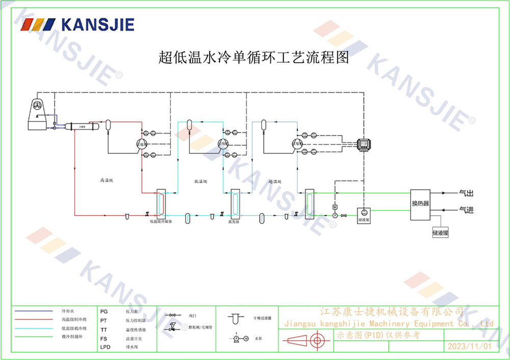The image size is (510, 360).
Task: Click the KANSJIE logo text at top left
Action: [97, 24]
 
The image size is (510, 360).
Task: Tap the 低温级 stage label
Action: [200, 181]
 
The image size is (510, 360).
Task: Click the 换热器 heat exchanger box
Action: [420, 204]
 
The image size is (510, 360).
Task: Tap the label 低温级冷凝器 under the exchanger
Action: [161, 222]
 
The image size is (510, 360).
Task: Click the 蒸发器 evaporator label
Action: [234, 222]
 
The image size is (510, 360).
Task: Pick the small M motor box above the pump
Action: [335, 207]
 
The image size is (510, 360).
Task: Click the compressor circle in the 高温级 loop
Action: [141, 144]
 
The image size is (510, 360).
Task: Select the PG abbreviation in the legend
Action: [104, 311]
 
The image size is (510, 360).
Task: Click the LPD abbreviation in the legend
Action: [105, 347]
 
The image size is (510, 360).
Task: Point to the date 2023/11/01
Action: [469, 346]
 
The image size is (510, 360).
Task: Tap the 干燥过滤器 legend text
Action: [262, 318]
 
